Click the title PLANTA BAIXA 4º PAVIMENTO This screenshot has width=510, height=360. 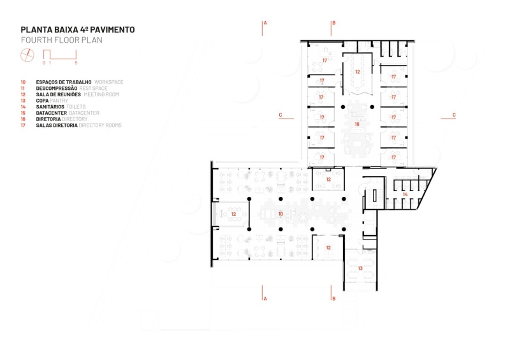[x=77, y=29]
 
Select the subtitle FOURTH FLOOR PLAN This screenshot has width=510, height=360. [x=61, y=40]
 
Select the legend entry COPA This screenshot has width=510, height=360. [x=43, y=100]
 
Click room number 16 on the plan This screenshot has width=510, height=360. [x=357, y=124]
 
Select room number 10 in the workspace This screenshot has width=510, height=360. [x=280, y=213]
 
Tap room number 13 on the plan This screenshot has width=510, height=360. [x=360, y=268]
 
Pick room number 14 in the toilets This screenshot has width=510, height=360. [x=405, y=194]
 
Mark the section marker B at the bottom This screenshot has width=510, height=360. [x=333, y=298]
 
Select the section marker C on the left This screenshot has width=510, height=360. [x=280, y=115]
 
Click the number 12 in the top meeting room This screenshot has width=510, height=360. [x=358, y=72]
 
